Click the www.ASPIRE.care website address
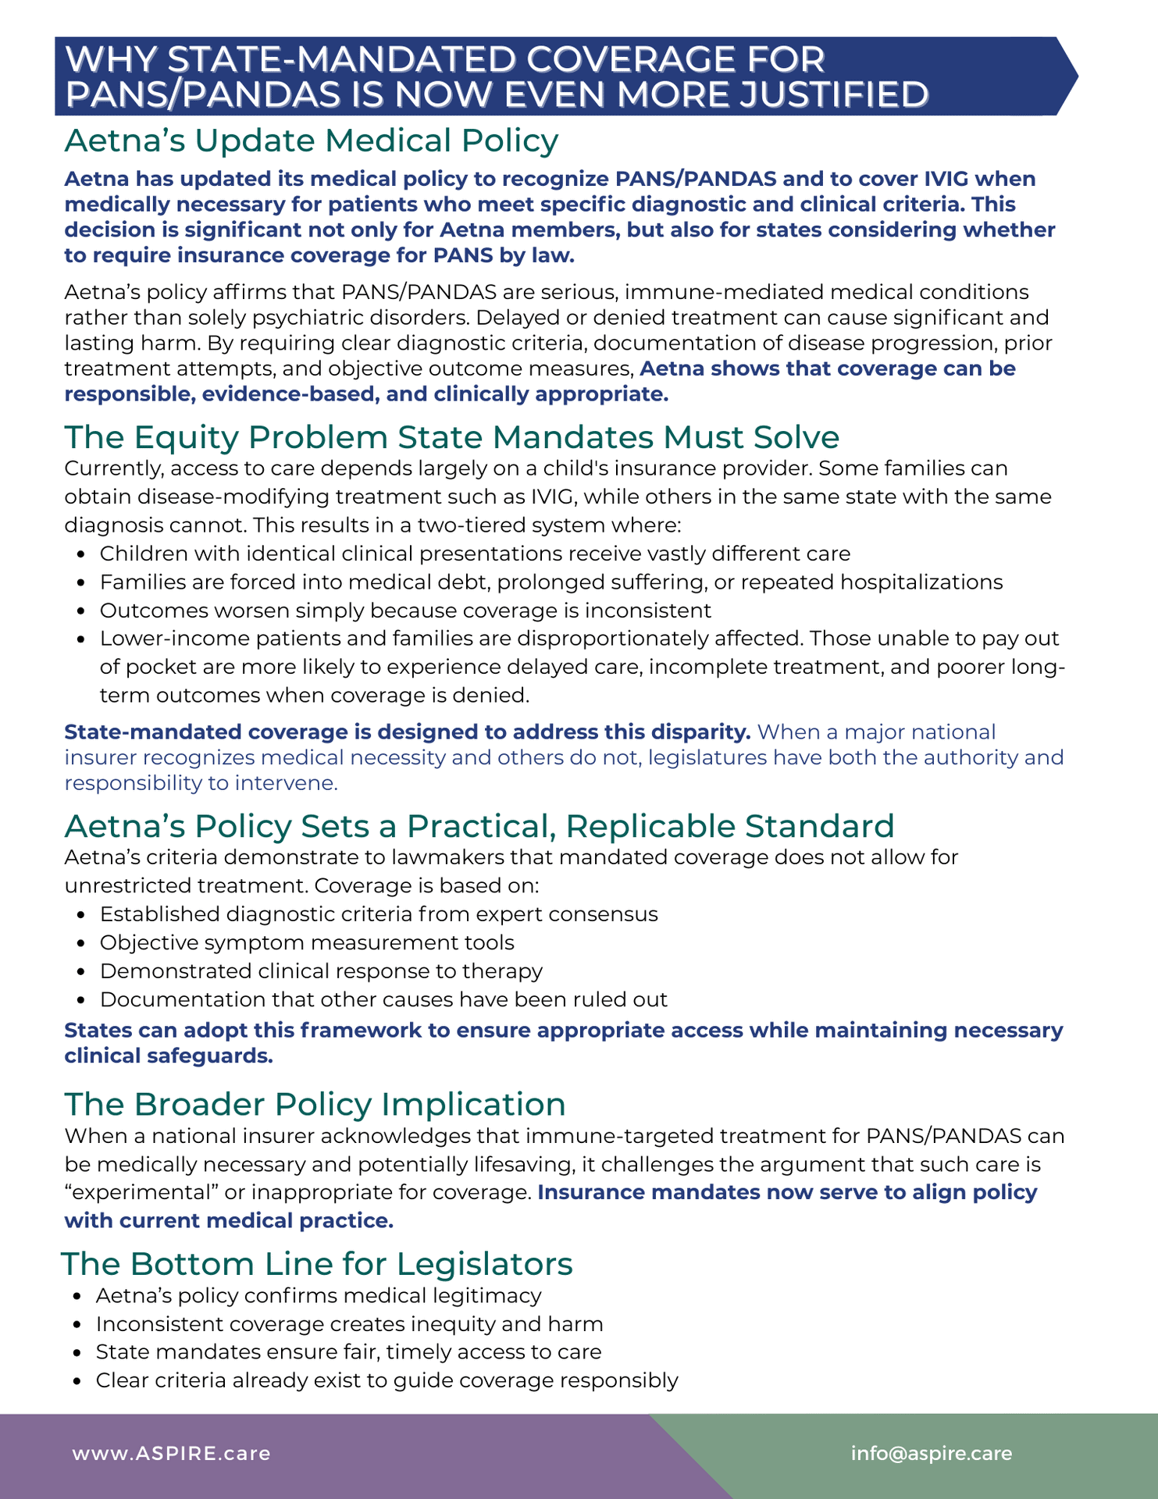pos(171,1454)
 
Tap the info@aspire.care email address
pos(931,1453)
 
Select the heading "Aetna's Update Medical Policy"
pos(311,141)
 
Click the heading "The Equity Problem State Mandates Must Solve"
pos(451,437)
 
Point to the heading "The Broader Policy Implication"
pos(315,1104)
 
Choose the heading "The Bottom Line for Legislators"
pos(317,1263)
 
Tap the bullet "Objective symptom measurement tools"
pos(307,942)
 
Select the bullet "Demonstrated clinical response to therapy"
pos(321,971)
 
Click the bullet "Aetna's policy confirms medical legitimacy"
pos(319,1295)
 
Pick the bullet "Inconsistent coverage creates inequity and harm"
pos(349,1324)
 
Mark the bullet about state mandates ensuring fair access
pos(348,1352)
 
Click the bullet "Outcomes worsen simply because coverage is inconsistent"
pos(405,610)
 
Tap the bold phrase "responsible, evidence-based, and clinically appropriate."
pos(365,394)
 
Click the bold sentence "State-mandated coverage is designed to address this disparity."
pos(407,732)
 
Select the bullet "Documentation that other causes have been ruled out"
pos(383,999)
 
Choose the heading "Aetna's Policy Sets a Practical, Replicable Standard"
pos(479,826)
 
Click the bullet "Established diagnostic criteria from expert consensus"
pos(379,914)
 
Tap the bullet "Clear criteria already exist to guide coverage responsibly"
pos(387,1380)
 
